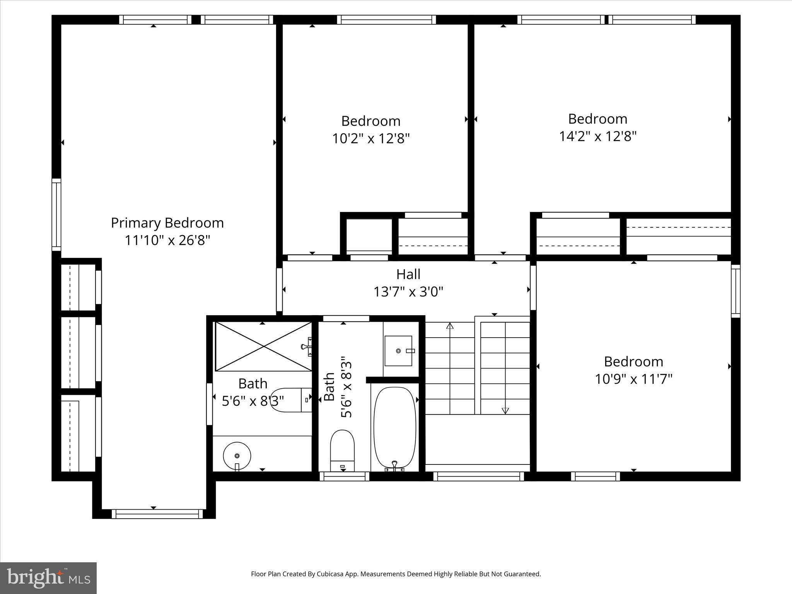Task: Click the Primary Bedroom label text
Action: tap(167, 223)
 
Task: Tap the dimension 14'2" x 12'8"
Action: tap(597, 137)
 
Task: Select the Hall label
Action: tap(408, 275)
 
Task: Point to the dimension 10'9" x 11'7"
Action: tap(633, 379)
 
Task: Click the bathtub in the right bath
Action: tap(395, 427)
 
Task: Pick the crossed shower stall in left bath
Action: tap(263, 346)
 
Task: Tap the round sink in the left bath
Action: tap(237, 456)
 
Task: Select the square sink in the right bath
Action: tap(398, 351)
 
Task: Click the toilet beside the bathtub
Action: tap(342, 451)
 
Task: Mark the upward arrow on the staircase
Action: tap(450, 326)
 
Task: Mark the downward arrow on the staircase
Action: tap(505, 410)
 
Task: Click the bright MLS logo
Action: tap(48, 578)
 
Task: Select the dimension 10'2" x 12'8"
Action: tap(370, 138)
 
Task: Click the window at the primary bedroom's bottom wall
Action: tap(157, 514)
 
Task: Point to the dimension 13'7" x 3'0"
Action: tap(408, 292)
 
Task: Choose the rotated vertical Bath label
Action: tap(329, 387)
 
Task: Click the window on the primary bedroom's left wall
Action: tap(56, 215)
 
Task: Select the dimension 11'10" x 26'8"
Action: tap(167, 241)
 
